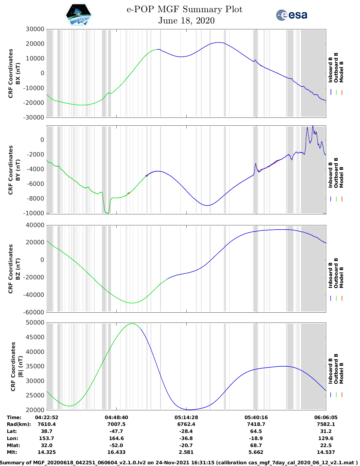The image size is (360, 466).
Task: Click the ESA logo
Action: coord(291,15)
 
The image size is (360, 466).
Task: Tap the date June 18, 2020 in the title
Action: coord(186,21)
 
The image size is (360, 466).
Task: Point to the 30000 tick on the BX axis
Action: coord(35,29)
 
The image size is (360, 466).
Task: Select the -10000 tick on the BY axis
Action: coord(35,213)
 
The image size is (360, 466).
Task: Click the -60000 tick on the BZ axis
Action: coord(35,312)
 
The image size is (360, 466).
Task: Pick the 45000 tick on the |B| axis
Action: coord(35,337)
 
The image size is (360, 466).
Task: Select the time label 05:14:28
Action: coord(186,417)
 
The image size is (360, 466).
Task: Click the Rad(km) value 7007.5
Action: coord(116,424)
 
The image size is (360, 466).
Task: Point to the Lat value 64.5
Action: coord(256,431)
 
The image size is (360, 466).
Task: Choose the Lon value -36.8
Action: coord(186,438)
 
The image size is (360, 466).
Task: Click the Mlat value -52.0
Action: coord(116,445)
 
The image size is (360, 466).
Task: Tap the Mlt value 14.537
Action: coord(326,452)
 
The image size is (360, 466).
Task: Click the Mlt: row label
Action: coord(12,452)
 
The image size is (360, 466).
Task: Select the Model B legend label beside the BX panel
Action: coord(341,72)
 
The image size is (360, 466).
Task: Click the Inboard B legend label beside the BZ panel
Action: coord(330,275)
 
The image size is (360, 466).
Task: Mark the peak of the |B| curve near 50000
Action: coord(132,324)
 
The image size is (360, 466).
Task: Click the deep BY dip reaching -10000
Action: coord(107,213)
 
